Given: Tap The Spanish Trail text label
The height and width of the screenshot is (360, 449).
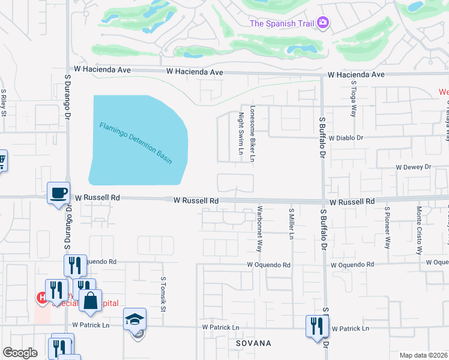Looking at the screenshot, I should (282, 23).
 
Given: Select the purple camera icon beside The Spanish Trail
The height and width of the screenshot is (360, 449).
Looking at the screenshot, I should (323, 23).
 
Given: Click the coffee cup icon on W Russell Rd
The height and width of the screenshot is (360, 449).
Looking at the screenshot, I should (59, 193).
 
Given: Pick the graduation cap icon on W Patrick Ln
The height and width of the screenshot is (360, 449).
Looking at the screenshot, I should (135, 319).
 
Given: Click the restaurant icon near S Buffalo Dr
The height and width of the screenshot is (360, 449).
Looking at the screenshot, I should (315, 326).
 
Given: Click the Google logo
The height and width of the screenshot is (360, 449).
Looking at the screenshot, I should (20, 353).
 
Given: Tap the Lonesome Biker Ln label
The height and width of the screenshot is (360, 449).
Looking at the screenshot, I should (253, 134).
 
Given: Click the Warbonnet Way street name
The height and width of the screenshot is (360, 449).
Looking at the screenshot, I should (260, 229).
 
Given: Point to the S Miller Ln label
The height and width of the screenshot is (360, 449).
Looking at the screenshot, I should (291, 224).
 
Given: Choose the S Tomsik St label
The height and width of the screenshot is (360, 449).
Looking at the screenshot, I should (163, 294).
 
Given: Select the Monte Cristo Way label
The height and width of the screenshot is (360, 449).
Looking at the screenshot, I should (419, 231).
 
